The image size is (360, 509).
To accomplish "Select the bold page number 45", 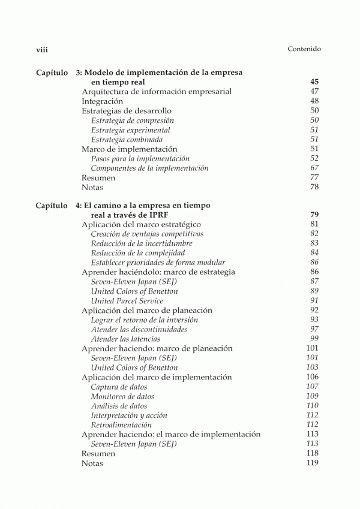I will pyautogui.click(x=314, y=82).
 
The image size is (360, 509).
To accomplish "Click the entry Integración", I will pyautogui.click(x=106, y=101).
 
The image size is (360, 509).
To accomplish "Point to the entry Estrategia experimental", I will pyautogui.click(x=131, y=130).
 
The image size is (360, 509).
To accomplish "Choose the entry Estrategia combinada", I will pyautogui.click(x=127, y=140).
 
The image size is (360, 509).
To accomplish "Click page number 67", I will pyautogui.click(x=314, y=168).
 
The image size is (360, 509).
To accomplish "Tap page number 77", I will pyautogui.click(x=314, y=178).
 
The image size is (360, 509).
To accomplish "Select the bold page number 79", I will pyautogui.click(x=314, y=215).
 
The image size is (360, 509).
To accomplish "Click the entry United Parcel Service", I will pyautogui.click(x=127, y=301).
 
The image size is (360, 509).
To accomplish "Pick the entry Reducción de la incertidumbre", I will pyautogui.click(x=142, y=243).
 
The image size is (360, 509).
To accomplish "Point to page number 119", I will pyautogui.click(x=312, y=463).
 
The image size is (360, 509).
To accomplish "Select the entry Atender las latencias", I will pyautogui.click(x=125, y=339).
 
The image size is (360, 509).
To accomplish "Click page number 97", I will pyautogui.click(x=314, y=330).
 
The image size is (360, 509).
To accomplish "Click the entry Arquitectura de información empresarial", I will pyautogui.click(x=157, y=92).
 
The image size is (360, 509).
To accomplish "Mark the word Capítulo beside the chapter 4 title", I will pyautogui.click(x=52, y=206).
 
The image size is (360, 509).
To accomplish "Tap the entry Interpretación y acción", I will pyautogui.click(x=129, y=415).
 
